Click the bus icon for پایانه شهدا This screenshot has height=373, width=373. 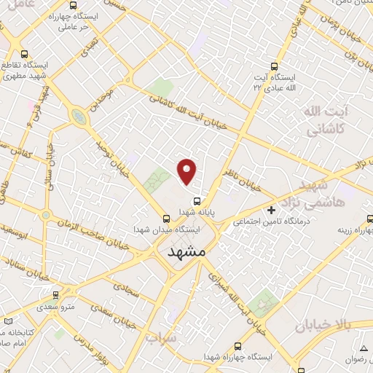point(196,201)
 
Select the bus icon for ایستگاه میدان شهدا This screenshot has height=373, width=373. point(167,218)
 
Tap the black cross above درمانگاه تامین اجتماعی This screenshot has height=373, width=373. point(272,210)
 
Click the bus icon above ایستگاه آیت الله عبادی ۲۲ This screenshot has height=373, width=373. point(274,64)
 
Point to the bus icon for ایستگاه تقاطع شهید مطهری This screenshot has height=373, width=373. point(25,53)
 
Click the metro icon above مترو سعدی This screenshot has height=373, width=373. point(56,295)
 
